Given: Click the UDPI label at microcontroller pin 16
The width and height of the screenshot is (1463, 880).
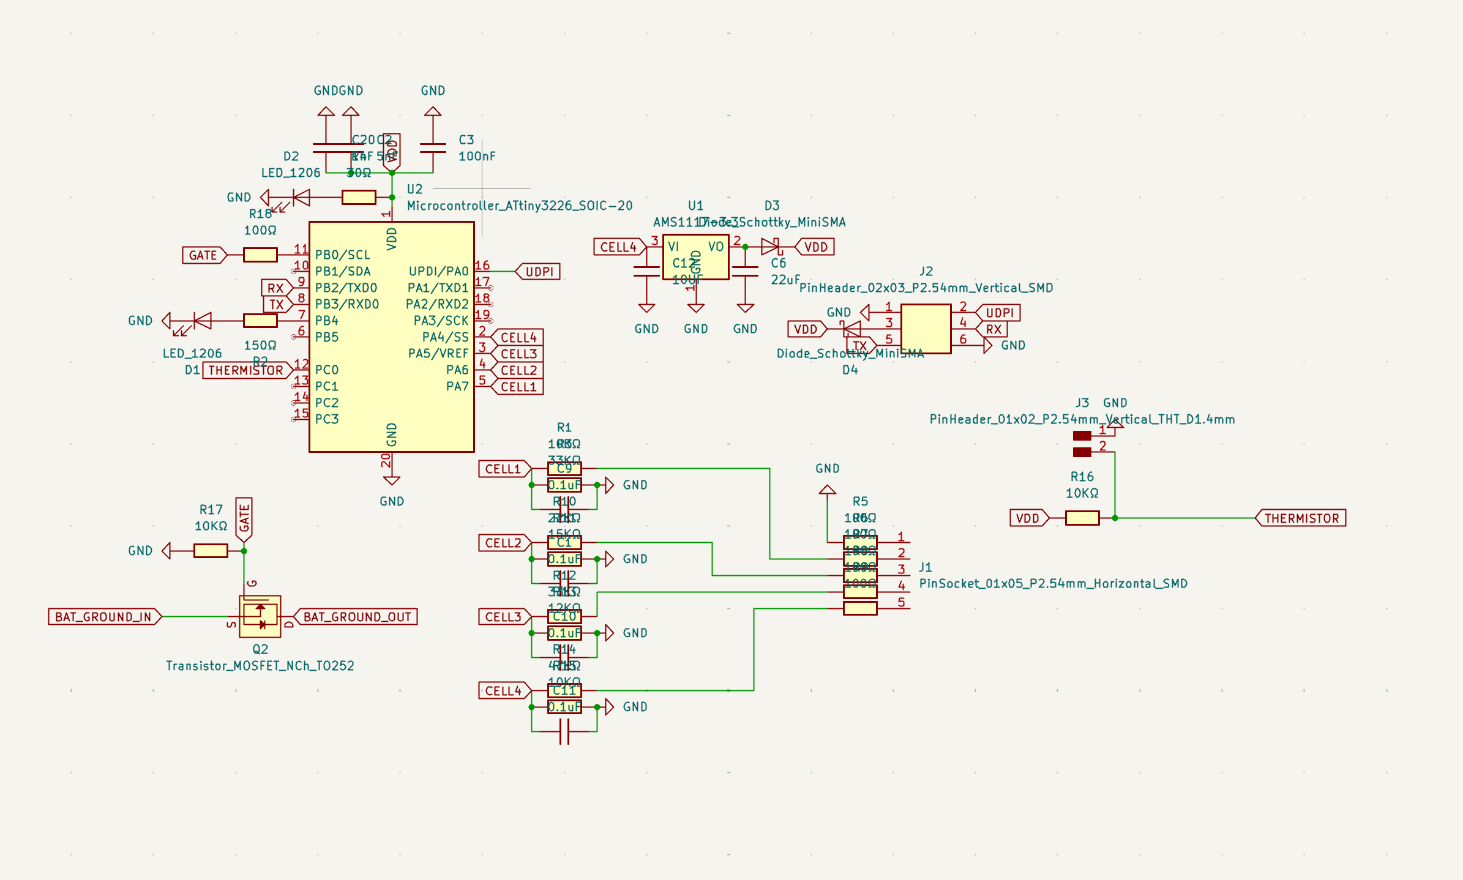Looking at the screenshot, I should click(539, 272).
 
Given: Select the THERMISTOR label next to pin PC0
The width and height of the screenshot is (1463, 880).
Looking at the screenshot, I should click(246, 370).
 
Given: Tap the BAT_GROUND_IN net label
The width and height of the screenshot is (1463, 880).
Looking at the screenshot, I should click(103, 617).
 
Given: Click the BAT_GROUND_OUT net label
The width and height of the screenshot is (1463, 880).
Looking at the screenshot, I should click(357, 617).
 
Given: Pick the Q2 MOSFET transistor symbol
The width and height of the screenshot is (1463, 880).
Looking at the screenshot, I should click(260, 616).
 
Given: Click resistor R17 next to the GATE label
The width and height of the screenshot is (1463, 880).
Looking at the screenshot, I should click(211, 551).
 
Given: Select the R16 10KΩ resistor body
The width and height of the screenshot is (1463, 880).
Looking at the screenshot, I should click(1082, 518).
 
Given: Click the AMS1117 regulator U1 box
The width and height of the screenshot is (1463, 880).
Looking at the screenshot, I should click(695, 257).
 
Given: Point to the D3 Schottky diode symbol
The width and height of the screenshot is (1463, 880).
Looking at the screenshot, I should click(770, 247).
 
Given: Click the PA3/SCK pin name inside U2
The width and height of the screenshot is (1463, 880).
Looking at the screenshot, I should click(441, 321).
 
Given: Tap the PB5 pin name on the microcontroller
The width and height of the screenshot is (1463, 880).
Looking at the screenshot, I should click(327, 337).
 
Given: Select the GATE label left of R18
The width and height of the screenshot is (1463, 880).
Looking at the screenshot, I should click(203, 255).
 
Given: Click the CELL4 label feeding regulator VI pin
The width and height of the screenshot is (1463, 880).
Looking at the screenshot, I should click(618, 247).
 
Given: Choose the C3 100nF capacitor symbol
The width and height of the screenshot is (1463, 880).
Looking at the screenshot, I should click(433, 148).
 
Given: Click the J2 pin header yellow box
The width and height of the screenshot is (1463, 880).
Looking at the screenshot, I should click(926, 329).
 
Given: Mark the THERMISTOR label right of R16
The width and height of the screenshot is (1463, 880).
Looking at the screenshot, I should click(1301, 518).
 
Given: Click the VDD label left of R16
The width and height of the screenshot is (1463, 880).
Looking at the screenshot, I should click(1028, 518).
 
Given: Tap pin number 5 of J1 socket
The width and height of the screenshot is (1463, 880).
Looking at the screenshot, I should click(900, 602).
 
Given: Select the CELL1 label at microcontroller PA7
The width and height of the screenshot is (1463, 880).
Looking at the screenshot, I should click(518, 387).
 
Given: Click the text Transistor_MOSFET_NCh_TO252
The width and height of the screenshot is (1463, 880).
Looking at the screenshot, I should click(260, 666).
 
